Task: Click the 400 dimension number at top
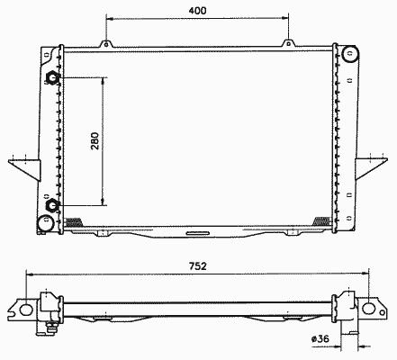click(x=197, y=11)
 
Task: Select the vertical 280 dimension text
click(x=95, y=141)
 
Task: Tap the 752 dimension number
click(x=198, y=266)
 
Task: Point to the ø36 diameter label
click(x=320, y=339)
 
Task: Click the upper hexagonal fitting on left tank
click(x=52, y=78)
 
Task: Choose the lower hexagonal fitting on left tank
click(x=52, y=205)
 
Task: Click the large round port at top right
click(x=349, y=54)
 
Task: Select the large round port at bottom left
click(x=46, y=223)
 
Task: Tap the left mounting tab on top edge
click(x=106, y=44)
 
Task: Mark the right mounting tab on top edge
click(x=288, y=43)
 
